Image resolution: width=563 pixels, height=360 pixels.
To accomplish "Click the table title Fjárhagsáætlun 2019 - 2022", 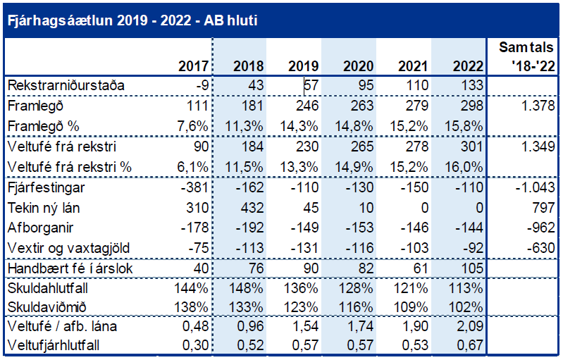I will [x=131, y=20].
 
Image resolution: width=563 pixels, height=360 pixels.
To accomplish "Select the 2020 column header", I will [x=358, y=67].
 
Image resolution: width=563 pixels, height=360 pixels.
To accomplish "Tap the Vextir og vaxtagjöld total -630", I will [x=535, y=249].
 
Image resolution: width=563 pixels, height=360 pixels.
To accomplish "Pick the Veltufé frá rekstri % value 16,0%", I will [x=465, y=167].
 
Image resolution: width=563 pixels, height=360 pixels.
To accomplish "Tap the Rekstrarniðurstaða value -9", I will [x=200, y=86].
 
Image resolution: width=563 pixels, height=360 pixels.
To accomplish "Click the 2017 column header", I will [x=194, y=67].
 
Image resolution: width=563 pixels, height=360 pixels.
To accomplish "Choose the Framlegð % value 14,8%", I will [x=356, y=127].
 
